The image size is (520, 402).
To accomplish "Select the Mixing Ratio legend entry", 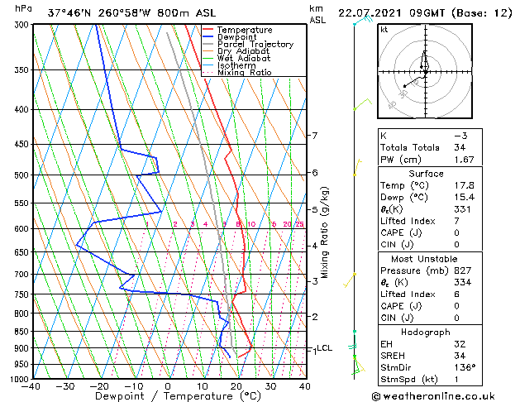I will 246,72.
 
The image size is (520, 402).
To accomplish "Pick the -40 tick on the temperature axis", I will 31,386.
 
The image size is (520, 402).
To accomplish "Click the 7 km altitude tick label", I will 313,136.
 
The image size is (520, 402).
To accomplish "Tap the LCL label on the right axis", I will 324,348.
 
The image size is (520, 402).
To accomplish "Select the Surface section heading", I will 425,174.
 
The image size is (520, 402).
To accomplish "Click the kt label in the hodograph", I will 384,30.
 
